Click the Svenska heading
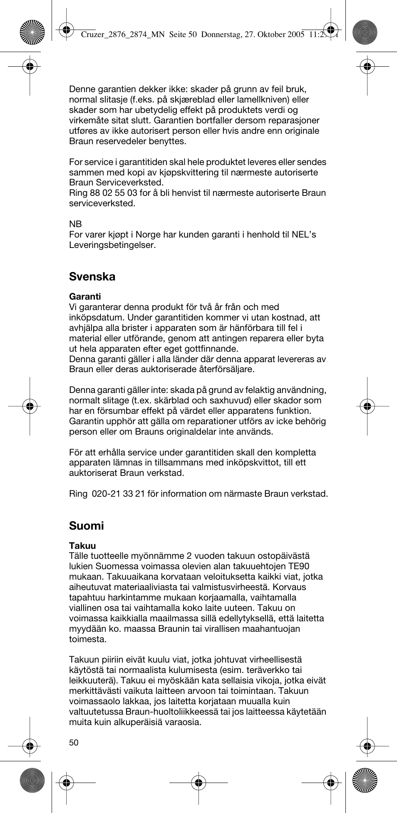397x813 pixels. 92,277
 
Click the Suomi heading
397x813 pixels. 86,526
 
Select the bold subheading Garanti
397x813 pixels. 85,297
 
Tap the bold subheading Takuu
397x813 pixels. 82,545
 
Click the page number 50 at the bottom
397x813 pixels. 74,743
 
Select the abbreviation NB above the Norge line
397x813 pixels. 75,224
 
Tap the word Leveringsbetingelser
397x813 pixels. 112,245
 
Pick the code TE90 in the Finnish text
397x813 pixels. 299,566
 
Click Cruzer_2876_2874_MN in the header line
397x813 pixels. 124,35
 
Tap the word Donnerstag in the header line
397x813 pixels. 221,35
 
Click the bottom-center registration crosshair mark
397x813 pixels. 198,783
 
